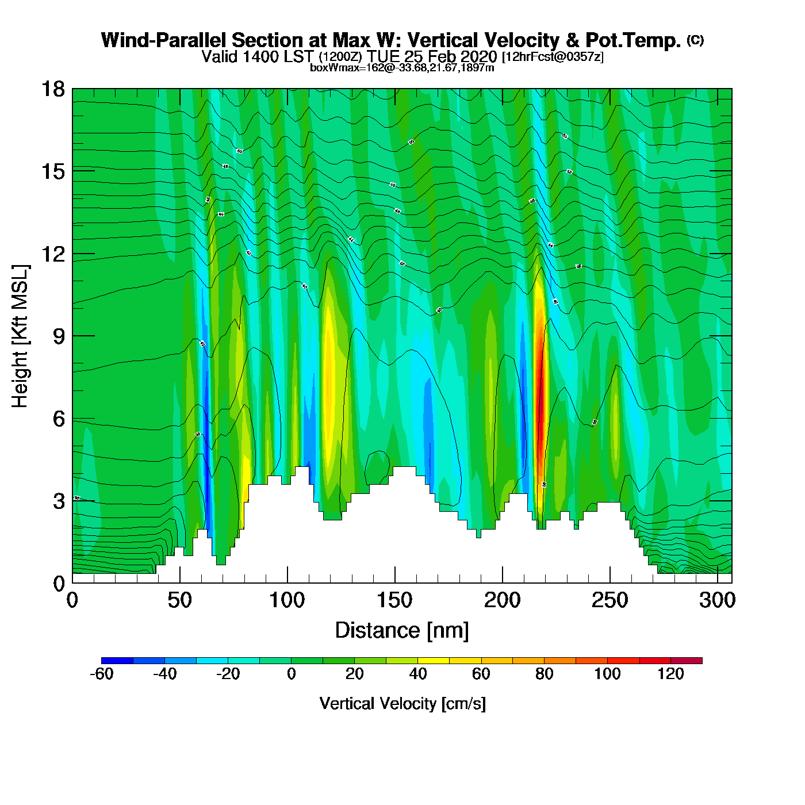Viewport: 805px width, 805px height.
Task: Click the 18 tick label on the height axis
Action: (52, 89)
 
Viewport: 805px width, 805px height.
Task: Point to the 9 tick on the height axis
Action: (72, 336)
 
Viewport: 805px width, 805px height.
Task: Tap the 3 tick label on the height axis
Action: (59, 501)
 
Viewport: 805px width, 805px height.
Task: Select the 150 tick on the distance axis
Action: (395, 582)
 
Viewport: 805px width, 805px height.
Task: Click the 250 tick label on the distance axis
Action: (609, 600)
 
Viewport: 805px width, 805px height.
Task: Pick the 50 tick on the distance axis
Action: (180, 582)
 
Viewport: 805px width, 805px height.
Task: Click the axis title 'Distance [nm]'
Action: (402, 630)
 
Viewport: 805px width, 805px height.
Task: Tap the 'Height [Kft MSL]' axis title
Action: (20, 336)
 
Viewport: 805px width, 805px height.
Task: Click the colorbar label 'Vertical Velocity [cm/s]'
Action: (402, 703)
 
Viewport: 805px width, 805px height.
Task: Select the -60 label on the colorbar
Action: (102, 674)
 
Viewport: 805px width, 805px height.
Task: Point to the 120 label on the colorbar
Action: (670, 674)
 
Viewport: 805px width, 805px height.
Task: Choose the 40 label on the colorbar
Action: (418, 674)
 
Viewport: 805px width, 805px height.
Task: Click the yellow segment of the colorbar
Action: (434, 661)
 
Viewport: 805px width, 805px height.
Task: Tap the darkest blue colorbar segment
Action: (117, 661)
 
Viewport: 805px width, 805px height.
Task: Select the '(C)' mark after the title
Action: (695, 40)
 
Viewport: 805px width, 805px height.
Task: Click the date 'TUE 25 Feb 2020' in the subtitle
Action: (432, 56)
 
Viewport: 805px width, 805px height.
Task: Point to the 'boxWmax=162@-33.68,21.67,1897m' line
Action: (402, 67)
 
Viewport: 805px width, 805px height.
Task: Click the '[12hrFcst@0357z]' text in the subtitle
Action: (553, 57)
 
